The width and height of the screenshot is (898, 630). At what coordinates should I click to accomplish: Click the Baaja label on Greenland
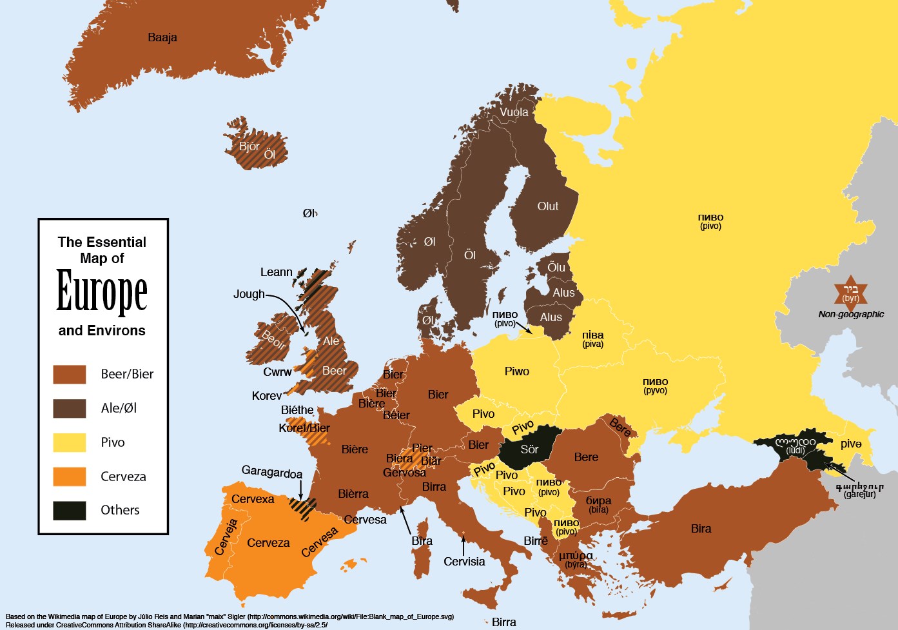tap(162, 37)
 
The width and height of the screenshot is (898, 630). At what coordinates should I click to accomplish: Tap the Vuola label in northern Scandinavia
tap(514, 112)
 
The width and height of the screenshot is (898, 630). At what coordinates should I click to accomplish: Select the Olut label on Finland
tap(548, 206)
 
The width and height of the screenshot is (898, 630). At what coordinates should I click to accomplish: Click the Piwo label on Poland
tap(517, 371)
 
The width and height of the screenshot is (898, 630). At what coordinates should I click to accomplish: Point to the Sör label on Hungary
tap(529, 449)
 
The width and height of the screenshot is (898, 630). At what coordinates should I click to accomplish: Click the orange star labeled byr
tap(851, 293)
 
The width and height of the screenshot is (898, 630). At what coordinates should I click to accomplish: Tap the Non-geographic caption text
tap(851, 315)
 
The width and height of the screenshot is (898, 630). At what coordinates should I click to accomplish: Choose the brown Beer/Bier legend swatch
tap(70, 375)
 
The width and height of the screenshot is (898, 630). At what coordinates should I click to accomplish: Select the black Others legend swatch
tap(70, 511)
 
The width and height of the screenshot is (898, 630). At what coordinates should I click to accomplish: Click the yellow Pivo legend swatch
tap(70, 443)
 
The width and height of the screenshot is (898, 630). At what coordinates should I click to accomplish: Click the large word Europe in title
tap(102, 291)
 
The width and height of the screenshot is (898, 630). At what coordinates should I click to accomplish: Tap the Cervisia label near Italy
tap(464, 562)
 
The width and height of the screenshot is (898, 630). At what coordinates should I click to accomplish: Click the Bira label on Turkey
tap(701, 529)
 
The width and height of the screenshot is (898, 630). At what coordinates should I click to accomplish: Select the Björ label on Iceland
tap(249, 146)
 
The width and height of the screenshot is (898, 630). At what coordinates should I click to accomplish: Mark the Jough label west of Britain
tap(249, 294)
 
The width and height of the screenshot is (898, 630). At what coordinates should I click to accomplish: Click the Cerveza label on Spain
tap(268, 543)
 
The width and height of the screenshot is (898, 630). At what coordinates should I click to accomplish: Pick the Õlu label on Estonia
tap(556, 267)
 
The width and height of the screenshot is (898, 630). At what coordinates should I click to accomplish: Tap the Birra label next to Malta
tap(503, 622)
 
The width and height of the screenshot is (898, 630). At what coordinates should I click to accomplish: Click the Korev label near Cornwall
tap(266, 396)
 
